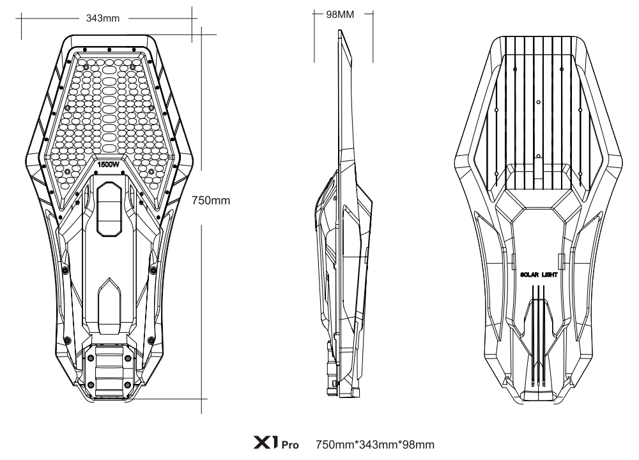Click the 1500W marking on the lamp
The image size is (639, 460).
109,164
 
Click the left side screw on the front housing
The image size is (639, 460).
66,270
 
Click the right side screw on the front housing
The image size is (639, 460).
152,270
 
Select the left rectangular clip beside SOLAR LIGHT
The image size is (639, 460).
512,261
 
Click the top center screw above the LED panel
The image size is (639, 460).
109,49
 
